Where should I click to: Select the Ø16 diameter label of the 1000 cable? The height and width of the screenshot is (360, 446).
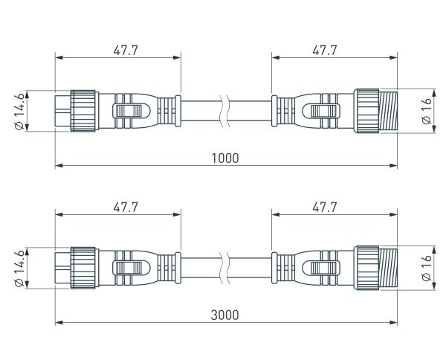pyautogui.click(x=427, y=112)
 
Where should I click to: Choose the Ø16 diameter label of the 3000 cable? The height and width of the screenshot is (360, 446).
pyautogui.click(x=427, y=269)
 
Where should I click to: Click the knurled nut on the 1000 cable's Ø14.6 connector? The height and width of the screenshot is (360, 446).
pyautogui.click(x=83, y=111)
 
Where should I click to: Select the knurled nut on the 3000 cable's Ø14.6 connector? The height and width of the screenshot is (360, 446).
pyautogui.click(x=83, y=268)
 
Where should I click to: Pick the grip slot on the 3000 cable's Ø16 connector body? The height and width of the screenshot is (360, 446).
pyautogui.click(x=323, y=269)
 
